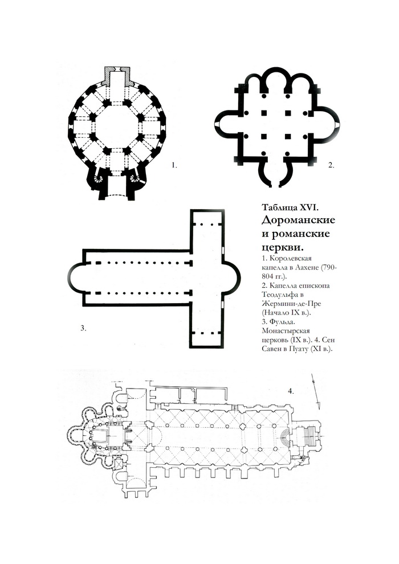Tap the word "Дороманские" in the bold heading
point(298,220)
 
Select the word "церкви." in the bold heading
point(282,247)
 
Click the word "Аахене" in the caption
point(307,267)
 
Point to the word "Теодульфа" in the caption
point(278,294)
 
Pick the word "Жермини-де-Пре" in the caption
point(292,304)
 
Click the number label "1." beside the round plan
point(174,165)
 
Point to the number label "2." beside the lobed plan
point(331,165)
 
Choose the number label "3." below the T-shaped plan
point(83,328)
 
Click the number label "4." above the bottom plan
point(291,391)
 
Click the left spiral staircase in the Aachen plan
point(98,178)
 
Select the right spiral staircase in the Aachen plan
point(136,178)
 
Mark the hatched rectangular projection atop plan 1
point(117,76)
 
